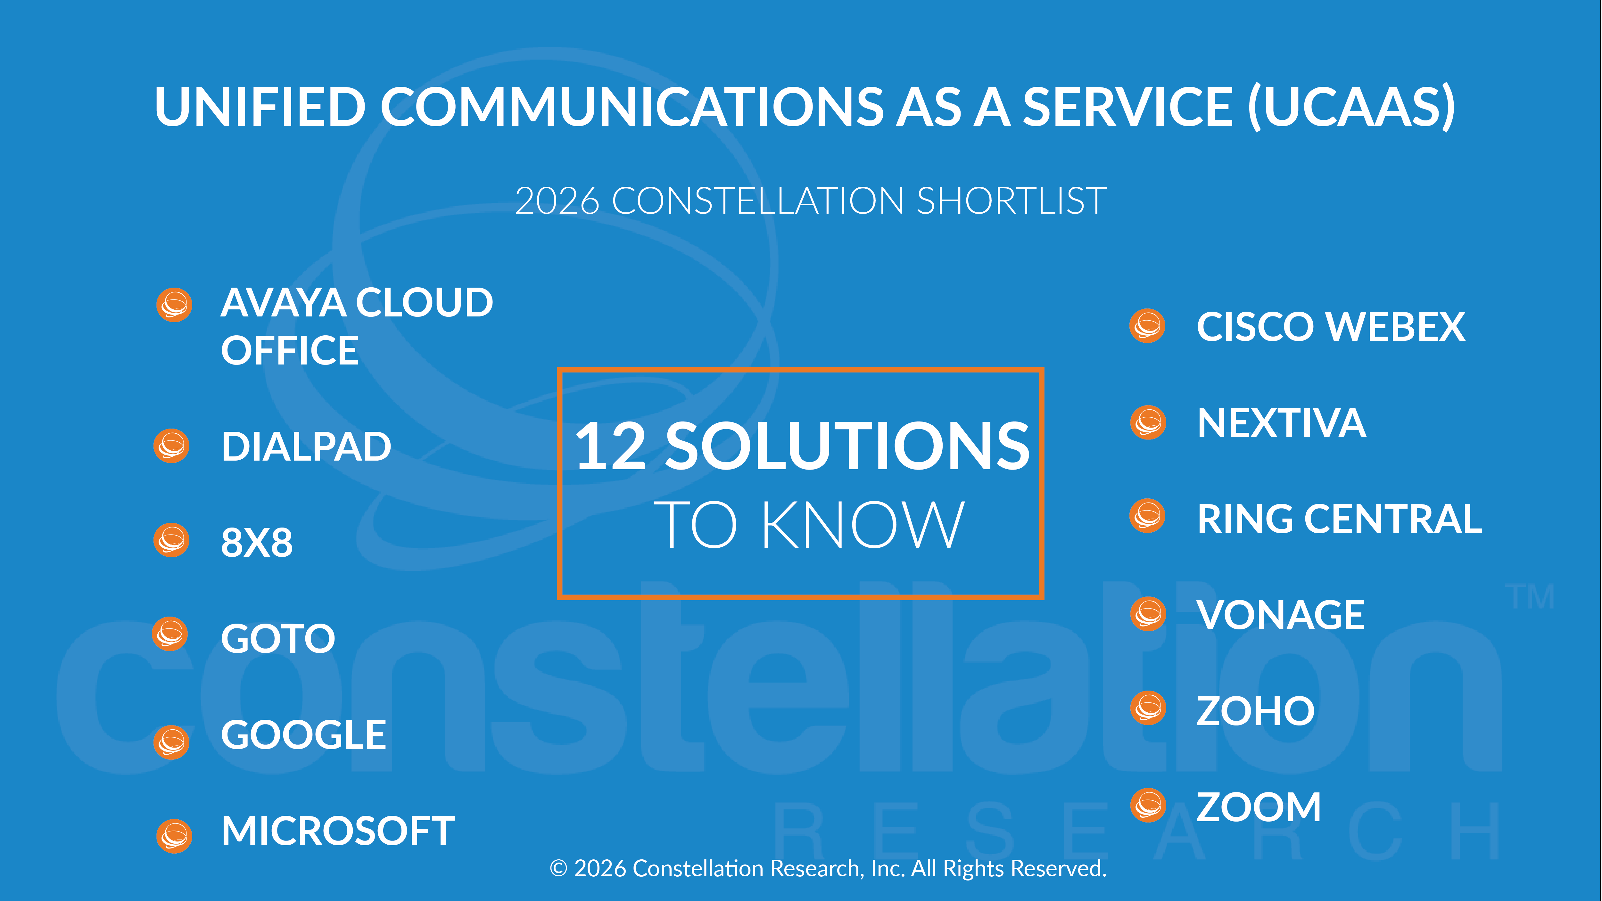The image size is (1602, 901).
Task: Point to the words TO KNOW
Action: click(808, 525)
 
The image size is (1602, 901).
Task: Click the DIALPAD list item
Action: click(306, 446)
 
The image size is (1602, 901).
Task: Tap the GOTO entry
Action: click(278, 639)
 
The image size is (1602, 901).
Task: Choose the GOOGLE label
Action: click(303, 735)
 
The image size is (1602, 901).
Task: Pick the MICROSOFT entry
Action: click(338, 831)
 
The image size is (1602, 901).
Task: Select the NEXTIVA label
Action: click(1281, 423)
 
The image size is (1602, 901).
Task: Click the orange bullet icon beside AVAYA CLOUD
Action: click(174, 305)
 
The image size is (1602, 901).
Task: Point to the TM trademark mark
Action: click(1530, 597)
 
